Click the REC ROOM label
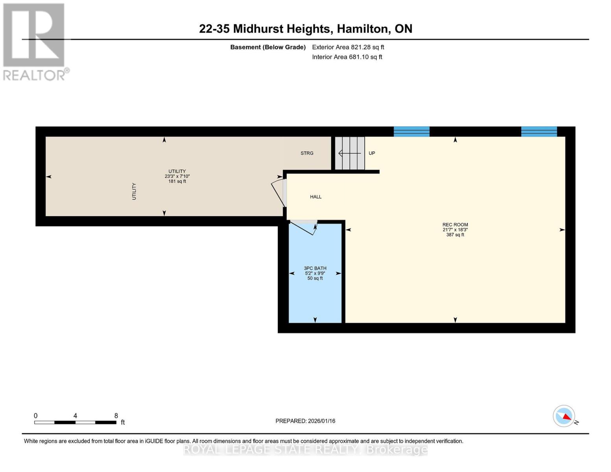(x=455, y=225)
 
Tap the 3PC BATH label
(x=315, y=268)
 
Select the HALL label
(x=316, y=197)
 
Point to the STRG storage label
(x=307, y=153)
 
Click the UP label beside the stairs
(x=371, y=153)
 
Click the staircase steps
(x=350, y=153)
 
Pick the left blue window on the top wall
(x=411, y=131)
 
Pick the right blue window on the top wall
(x=539, y=131)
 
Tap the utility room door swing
(x=279, y=193)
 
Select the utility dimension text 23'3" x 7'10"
(x=177, y=177)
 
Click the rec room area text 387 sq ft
(x=455, y=235)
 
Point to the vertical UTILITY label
(x=134, y=191)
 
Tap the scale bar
(x=75, y=422)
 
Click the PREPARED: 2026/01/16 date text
(x=305, y=421)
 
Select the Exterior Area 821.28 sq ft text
(x=348, y=47)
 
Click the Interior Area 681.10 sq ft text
(x=347, y=57)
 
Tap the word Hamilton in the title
(x=362, y=29)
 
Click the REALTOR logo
(x=35, y=41)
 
